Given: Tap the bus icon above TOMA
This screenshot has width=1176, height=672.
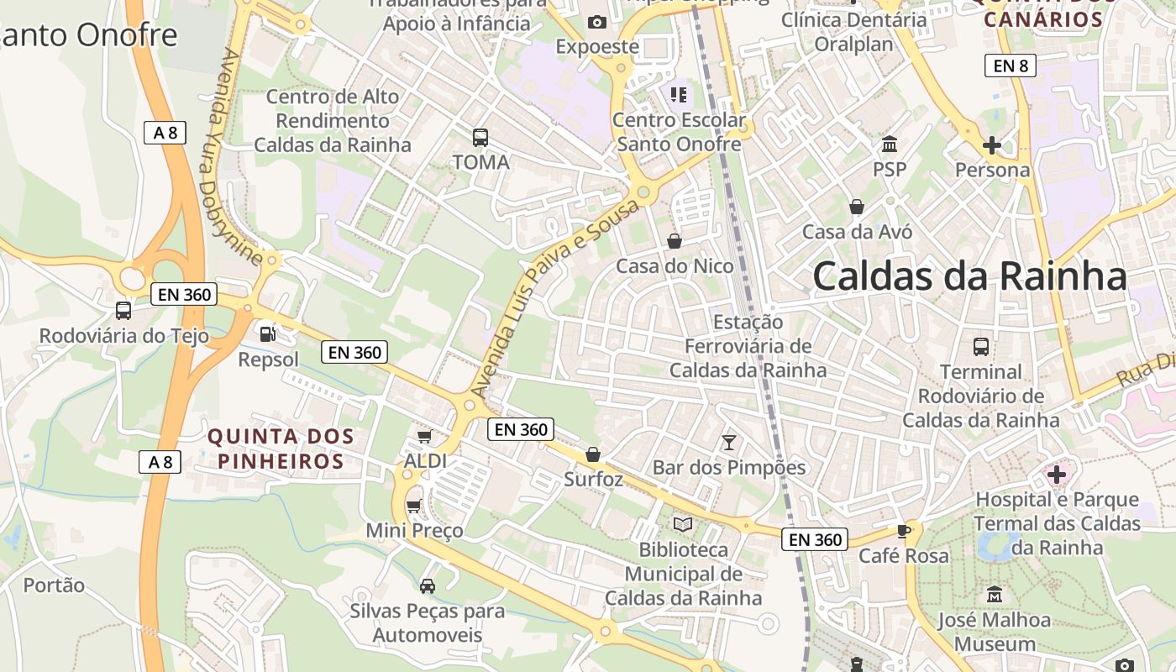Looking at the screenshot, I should tap(480, 137).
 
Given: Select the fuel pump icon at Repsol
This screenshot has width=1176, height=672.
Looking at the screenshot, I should tap(267, 333).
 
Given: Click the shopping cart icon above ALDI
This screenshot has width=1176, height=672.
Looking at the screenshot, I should tap(424, 436).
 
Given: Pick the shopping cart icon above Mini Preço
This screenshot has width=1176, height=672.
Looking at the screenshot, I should tap(413, 505).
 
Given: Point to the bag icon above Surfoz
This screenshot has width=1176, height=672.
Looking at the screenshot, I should tap(593, 454).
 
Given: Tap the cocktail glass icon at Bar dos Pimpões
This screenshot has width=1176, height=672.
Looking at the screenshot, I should tap(728, 441).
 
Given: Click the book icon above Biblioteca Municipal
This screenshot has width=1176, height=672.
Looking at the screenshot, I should tap(683, 524).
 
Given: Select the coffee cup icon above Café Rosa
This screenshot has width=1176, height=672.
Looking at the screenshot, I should tap(903, 530).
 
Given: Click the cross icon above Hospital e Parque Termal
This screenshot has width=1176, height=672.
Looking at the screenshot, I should tap(1056, 475).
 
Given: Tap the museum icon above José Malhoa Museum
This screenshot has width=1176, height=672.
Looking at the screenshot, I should tap(995, 594).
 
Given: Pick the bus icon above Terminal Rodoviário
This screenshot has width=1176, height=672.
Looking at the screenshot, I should tap(980, 346).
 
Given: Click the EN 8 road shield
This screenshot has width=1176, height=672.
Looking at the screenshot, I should tap(1010, 66).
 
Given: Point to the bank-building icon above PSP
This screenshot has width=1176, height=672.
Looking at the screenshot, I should tap(890, 144).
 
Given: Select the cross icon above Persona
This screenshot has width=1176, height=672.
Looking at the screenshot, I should tap(991, 144).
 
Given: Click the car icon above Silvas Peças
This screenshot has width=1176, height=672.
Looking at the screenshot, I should tap(427, 585).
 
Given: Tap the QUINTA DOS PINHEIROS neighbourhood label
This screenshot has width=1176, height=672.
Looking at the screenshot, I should tap(281, 449).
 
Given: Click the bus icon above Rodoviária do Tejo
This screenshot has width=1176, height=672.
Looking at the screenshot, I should tap(123, 310).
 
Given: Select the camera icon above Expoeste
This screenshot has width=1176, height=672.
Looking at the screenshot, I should tap(597, 22).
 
